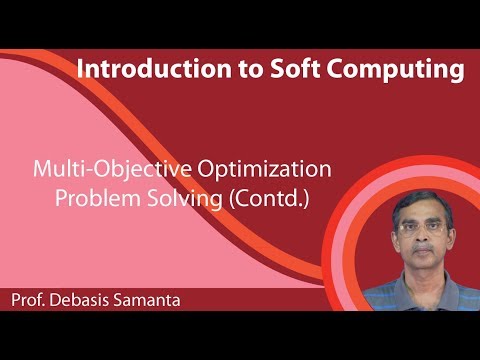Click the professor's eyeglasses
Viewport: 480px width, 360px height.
[417, 226]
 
